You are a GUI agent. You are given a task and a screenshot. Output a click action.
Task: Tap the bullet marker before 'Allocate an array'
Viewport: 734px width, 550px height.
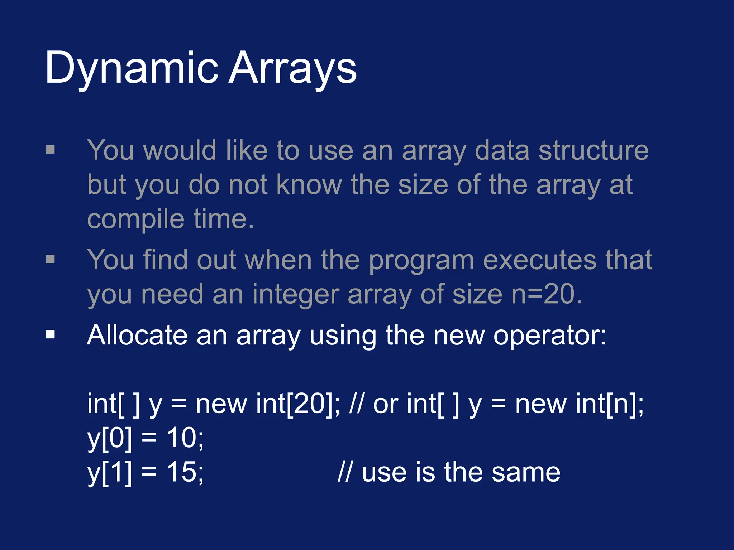pos(51,335)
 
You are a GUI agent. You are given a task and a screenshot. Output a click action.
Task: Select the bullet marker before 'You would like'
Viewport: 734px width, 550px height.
pos(51,149)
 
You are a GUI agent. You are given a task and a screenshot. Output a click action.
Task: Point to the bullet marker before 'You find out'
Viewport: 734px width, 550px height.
pos(51,259)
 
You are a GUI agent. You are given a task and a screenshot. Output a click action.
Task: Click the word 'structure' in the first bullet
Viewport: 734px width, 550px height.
pos(594,150)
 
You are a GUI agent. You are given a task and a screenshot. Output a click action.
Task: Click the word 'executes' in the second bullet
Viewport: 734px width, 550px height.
pos(540,260)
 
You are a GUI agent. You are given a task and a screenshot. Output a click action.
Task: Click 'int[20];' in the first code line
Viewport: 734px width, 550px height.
pos(298,404)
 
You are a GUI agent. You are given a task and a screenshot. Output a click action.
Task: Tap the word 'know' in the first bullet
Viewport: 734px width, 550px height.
pos(309,185)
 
